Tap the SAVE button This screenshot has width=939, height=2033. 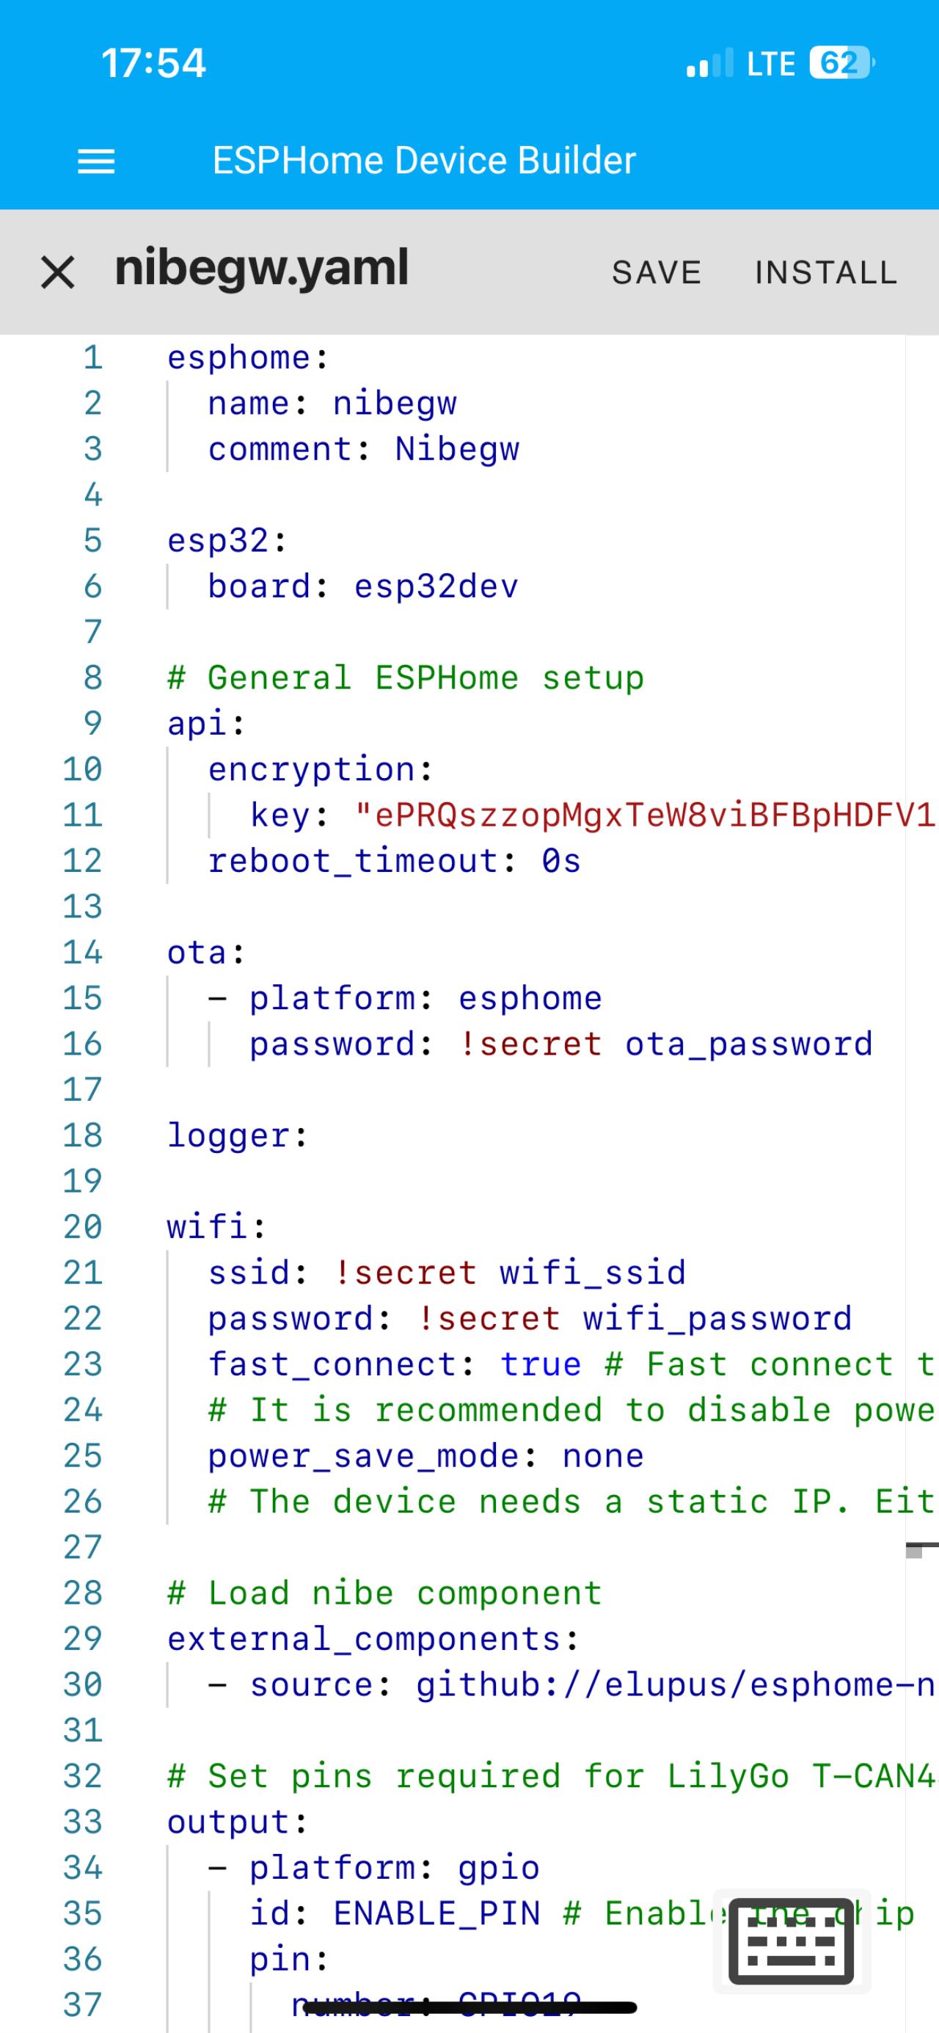(656, 272)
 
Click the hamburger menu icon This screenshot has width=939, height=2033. (96, 161)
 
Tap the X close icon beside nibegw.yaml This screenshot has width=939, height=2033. (58, 273)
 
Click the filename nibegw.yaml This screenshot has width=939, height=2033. (261, 269)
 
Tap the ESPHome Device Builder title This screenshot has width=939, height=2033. (424, 160)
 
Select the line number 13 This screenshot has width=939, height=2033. (83, 906)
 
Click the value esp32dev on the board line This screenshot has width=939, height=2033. (436, 586)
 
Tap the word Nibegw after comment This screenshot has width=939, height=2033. (457, 449)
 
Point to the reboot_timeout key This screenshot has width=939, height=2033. (353, 860)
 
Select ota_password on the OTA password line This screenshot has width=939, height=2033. (748, 1044)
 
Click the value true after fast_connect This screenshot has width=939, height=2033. (541, 1364)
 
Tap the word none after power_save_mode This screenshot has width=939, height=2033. (603, 1455)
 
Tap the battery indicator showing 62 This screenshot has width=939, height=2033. (839, 63)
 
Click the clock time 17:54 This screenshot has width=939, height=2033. (153, 63)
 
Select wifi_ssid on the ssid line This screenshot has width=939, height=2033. (592, 1272)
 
